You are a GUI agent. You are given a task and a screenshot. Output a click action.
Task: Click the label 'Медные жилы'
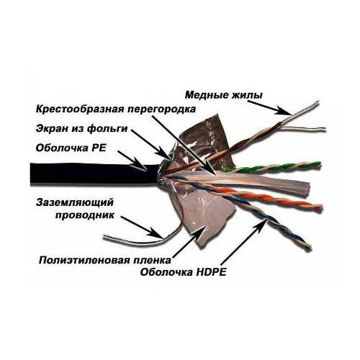[224, 95]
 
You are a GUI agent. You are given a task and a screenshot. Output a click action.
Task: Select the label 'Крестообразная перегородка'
[116, 109]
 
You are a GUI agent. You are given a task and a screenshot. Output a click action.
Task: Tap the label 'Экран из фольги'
[81, 129]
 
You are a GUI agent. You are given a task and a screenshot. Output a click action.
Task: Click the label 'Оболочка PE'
[71, 148]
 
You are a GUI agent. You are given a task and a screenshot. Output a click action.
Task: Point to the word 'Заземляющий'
[75, 203]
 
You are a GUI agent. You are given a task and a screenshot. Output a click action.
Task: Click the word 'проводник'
[85, 215]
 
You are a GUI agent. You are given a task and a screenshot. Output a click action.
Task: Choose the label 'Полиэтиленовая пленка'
[105, 261]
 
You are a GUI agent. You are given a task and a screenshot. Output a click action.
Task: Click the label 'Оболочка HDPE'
[183, 272]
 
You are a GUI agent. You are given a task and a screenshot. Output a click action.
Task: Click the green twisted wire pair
[271, 167]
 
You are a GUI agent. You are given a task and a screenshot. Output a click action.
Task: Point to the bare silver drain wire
[142, 240]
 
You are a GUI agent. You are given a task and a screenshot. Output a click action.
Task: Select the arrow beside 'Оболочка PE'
[132, 161]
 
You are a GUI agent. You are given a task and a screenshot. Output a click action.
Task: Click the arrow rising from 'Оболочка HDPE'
[243, 243]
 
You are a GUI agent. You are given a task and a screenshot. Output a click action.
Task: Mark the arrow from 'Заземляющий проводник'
[142, 228]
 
